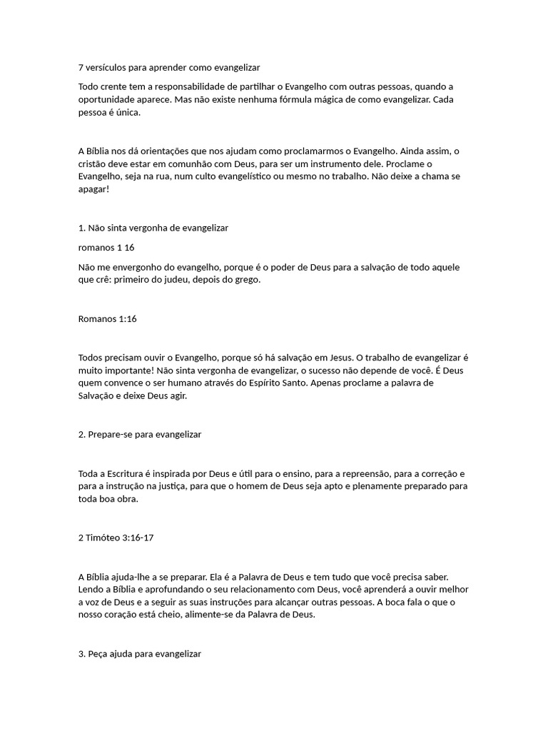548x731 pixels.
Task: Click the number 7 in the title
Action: (81, 68)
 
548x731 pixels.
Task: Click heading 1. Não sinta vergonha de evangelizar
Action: (153, 228)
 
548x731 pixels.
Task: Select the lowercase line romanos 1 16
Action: (106, 248)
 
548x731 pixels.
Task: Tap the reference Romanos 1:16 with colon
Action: (107, 318)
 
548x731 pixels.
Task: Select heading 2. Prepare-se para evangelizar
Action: (140, 434)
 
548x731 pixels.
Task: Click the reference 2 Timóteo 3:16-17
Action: (116, 538)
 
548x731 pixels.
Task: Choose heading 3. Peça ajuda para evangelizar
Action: (140, 653)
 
